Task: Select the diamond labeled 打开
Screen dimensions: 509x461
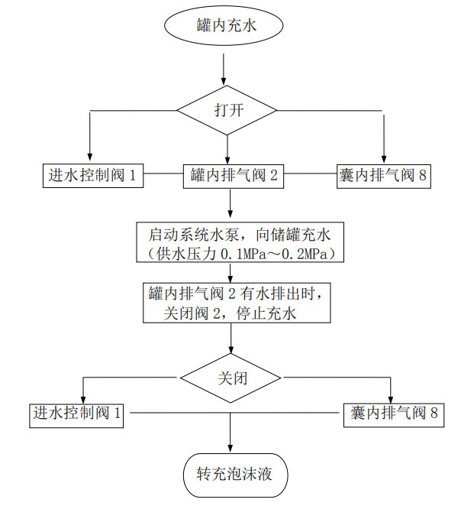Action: pos(227,110)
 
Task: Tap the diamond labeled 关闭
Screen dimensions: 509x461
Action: pos(230,378)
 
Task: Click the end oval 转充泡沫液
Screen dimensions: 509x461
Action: pos(229,475)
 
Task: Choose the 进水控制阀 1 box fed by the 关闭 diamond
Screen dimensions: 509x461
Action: pos(78,413)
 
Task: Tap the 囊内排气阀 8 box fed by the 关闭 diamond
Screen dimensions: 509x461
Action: pos(392,413)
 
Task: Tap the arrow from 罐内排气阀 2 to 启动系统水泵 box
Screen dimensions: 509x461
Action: pos(230,204)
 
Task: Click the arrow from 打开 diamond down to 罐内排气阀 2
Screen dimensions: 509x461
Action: pos(227,149)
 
